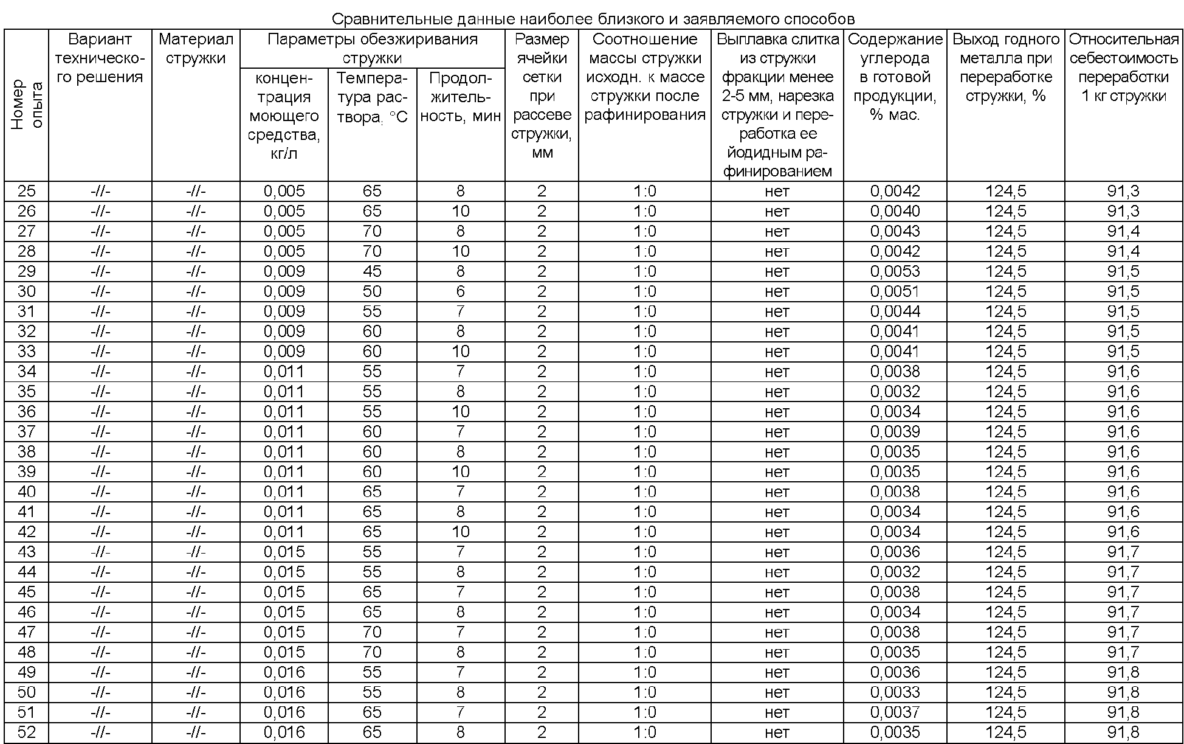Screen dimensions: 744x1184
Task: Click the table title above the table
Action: (593, 19)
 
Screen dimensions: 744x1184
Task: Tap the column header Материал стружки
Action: (196, 49)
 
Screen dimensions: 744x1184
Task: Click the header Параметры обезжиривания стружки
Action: (372, 49)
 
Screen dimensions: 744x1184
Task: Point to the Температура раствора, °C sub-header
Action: (372, 97)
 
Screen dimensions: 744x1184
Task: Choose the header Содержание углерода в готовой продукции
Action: (895, 77)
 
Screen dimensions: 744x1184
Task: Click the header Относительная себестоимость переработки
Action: (1123, 68)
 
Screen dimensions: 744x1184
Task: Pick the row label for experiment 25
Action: (27, 191)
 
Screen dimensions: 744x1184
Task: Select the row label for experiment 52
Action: (27, 732)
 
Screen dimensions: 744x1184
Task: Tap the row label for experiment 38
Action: (27, 452)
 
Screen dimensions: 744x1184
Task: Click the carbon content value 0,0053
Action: (895, 271)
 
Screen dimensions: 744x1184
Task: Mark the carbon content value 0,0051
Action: (895, 291)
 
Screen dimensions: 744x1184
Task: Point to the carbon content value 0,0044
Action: (895, 311)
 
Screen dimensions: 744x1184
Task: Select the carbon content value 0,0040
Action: (895, 211)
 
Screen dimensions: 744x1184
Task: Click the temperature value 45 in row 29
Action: (372, 271)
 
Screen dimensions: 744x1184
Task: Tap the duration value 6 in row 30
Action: (460, 291)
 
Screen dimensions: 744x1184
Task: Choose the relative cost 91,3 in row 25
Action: (1123, 191)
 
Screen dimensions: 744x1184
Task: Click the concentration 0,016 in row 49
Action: (284, 672)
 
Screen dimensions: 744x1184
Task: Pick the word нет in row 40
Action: (777, 492)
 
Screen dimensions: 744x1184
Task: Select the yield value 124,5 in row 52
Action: (1005, 732)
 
